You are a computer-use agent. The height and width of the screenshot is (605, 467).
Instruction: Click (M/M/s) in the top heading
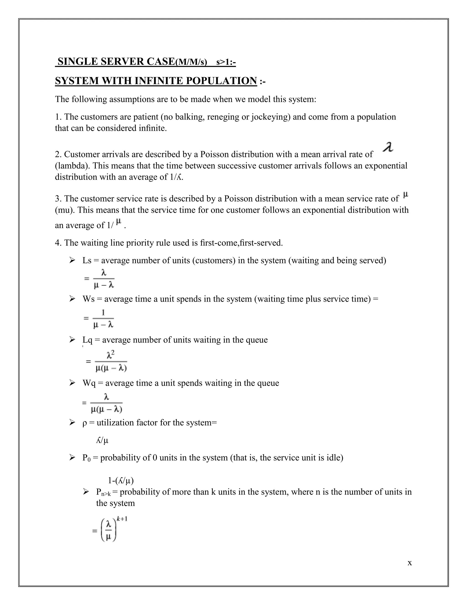click(x=191, y=62)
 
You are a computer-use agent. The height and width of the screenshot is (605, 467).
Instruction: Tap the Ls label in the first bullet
click(x=87, y=260)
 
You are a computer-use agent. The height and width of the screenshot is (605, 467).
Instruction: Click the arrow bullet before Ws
click(x=72, y=299)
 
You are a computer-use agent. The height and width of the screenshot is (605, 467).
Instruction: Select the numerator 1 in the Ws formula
click(x=103, y=313)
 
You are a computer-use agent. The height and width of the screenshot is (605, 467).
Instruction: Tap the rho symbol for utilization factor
click(x=85, y=423)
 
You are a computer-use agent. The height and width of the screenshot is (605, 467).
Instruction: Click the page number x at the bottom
click(x=410, y=563)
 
